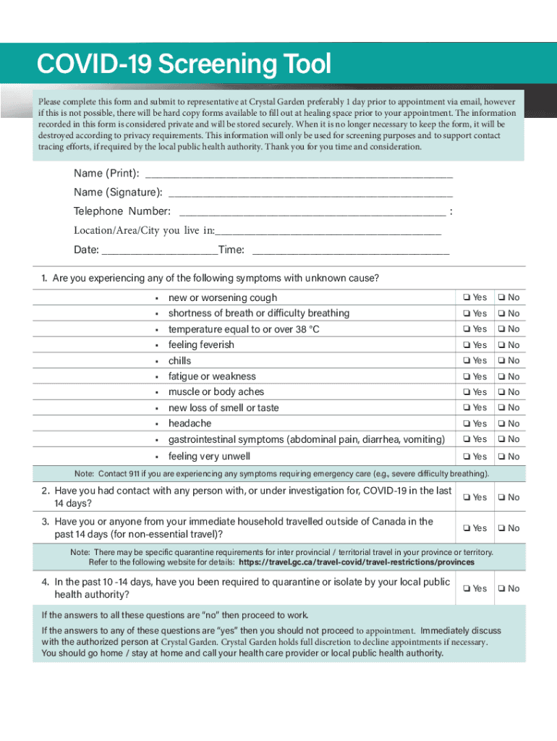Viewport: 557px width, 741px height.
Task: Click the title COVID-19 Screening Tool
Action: [x=184, y=65]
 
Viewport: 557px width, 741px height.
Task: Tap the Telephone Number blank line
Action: [x=312, y=211]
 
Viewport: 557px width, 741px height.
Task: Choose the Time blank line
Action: [x=350, y=250]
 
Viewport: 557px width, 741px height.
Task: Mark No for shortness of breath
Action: [x=501, y=313]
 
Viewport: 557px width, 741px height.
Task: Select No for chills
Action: [x=501, y=360]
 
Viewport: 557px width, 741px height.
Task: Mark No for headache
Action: [x=501, y=423]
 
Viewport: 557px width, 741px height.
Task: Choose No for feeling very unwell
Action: [x=501, y=457]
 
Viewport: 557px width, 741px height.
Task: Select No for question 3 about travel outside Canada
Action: [x=501, y=528]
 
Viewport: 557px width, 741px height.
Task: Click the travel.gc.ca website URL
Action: [x=356, y=562]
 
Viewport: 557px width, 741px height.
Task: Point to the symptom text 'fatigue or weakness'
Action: [x=212, y=376]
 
